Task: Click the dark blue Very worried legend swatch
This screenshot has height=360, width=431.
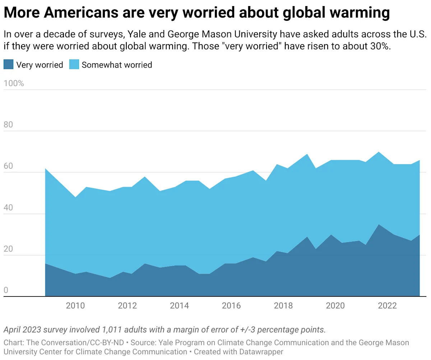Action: [x=9, y=65]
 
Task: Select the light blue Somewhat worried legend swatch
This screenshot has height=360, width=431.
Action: [x=74, y=65]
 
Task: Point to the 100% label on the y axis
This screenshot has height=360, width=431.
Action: [x=14, y=84]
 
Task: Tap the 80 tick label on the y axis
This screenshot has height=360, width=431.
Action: [x=9, y=125]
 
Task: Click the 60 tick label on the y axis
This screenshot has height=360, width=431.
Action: [x=9, y=167]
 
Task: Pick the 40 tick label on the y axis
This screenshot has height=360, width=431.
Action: [x=9, y=208]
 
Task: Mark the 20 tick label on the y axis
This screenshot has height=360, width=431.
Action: [x=9, y=249]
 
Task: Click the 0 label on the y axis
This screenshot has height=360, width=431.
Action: [x=6, y=291]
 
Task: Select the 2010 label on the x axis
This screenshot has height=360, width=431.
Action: [x=75, y=306]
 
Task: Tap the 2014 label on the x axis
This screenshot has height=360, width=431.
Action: [x=179, y=306]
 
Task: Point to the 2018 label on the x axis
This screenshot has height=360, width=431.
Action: [x=283, y=306]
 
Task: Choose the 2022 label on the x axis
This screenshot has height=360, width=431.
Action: [x=388, y=306]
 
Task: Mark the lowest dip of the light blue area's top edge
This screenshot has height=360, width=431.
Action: [x=75, y=197]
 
